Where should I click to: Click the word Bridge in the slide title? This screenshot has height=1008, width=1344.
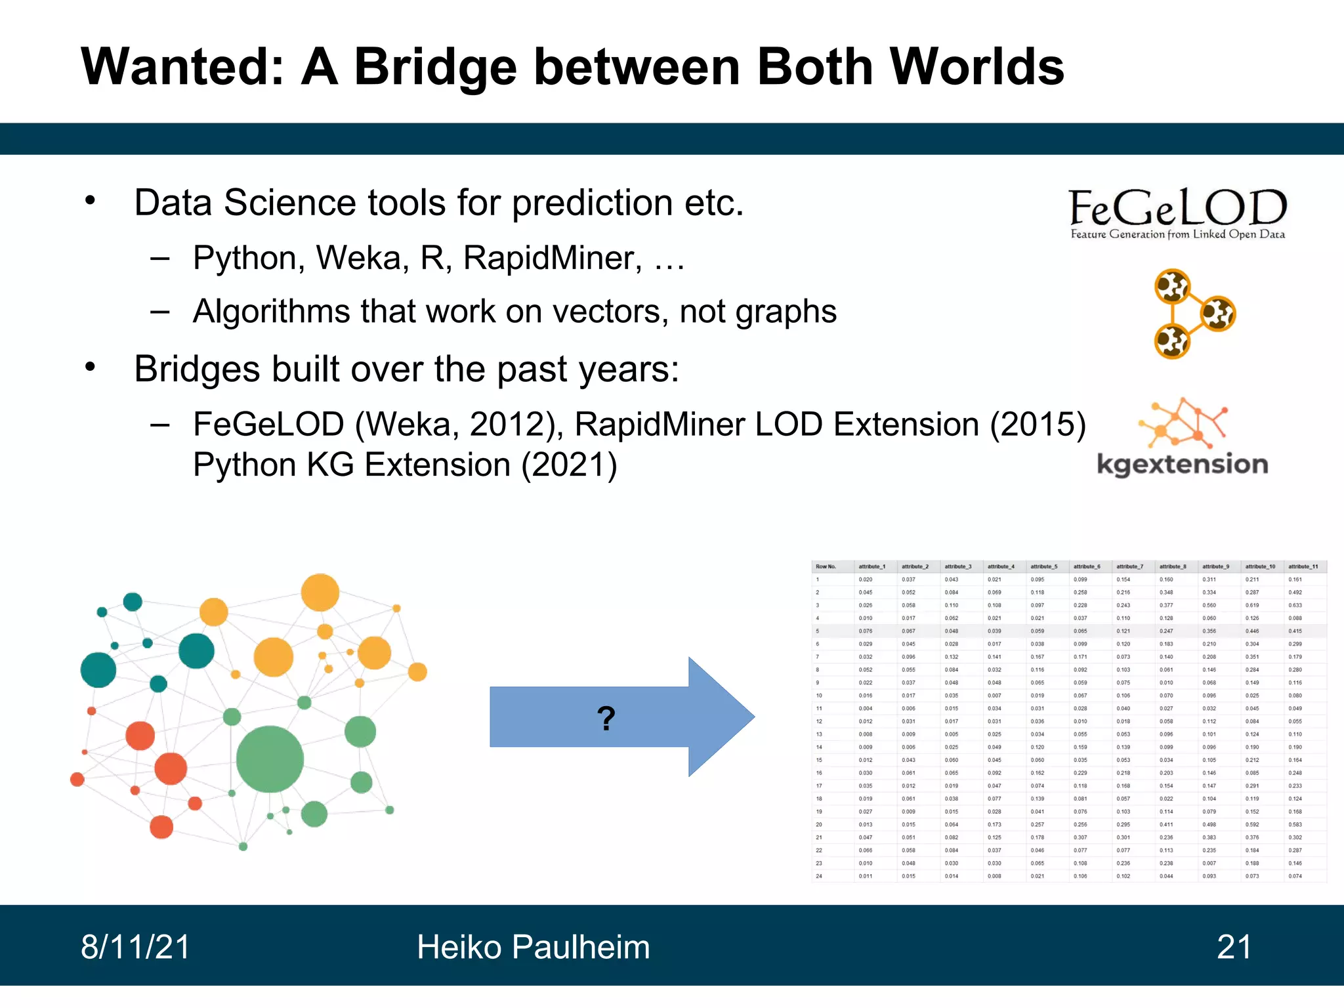click(x=435, y=68)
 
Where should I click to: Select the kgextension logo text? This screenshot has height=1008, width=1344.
click(x=1182, y=465)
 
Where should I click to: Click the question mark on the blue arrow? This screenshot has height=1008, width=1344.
click(x=606, y=718)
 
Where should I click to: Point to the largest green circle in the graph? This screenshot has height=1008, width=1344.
click(x=270, y=759)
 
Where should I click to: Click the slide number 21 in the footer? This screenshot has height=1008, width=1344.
click(x=1234, y=947)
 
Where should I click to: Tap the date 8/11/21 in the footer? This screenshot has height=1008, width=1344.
click(x=135, y=947)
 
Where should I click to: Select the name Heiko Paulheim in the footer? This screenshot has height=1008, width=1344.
click(x=533, y=947)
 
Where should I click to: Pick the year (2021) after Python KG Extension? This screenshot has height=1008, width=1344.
click(x=569, y=465)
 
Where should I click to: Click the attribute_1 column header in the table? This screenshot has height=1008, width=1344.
click(x=871, y=566)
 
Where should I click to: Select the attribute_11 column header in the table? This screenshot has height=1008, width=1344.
click(x=1303, y=566)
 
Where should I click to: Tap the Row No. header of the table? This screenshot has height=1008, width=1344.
click(x=826, y=566)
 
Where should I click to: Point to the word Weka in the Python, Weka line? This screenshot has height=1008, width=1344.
click(x=358, y=257)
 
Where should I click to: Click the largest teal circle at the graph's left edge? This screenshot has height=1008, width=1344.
click(x=98, y=670)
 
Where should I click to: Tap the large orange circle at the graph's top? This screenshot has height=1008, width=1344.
click(x=320, y=592)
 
